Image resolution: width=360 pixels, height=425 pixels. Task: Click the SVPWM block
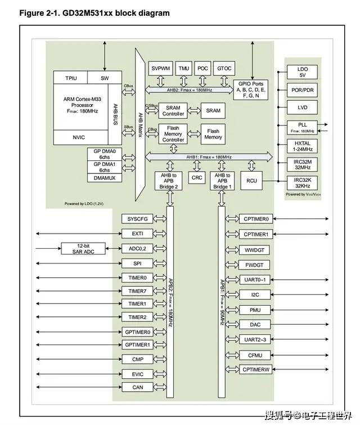tap(161, 68)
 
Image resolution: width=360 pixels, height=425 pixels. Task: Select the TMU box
tap(184, 68)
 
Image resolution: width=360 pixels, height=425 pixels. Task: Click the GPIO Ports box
tap(250, 89)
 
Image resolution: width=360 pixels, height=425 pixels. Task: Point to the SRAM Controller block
tap(172, 110)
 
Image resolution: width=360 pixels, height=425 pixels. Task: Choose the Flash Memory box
tap(213, 134)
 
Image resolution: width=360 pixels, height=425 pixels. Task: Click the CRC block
tap(197, 178)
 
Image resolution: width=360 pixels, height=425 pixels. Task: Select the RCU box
tap(251, 181)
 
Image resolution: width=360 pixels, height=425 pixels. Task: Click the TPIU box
tap(71, 78)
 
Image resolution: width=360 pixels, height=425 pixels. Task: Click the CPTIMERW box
tap(255, 369)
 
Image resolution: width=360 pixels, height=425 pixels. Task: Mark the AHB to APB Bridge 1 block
tap(222, 180)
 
